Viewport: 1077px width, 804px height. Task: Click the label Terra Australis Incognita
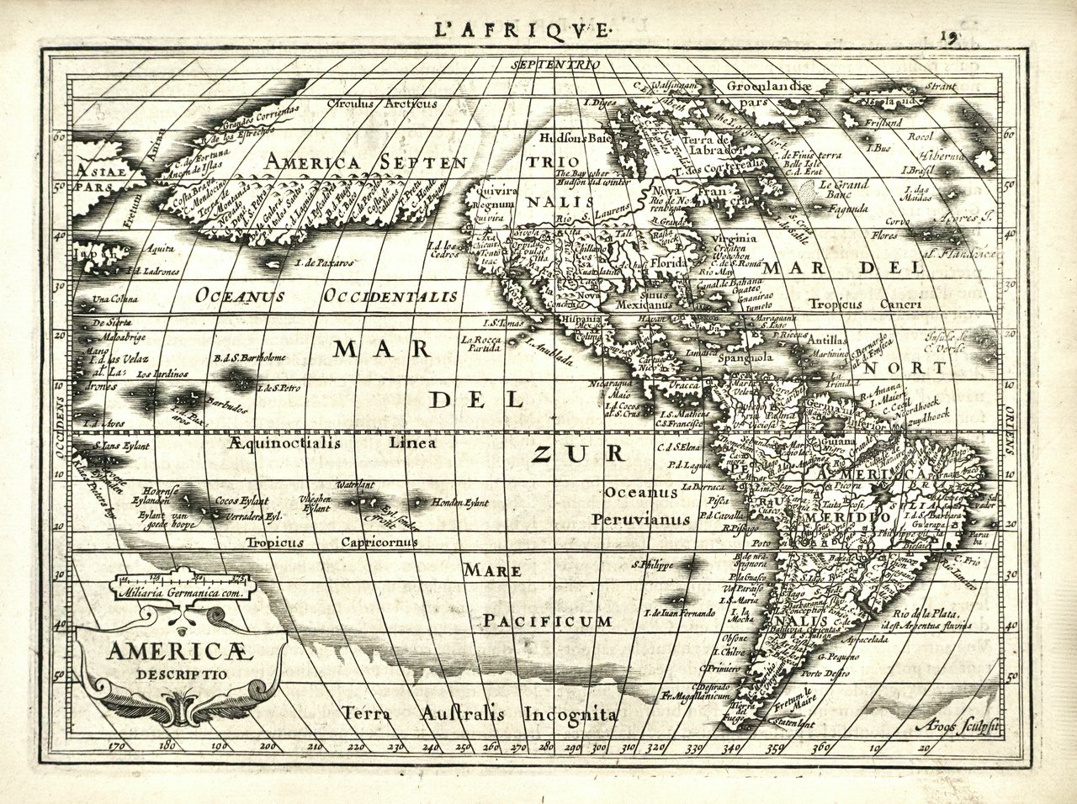(x=480, y=714)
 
